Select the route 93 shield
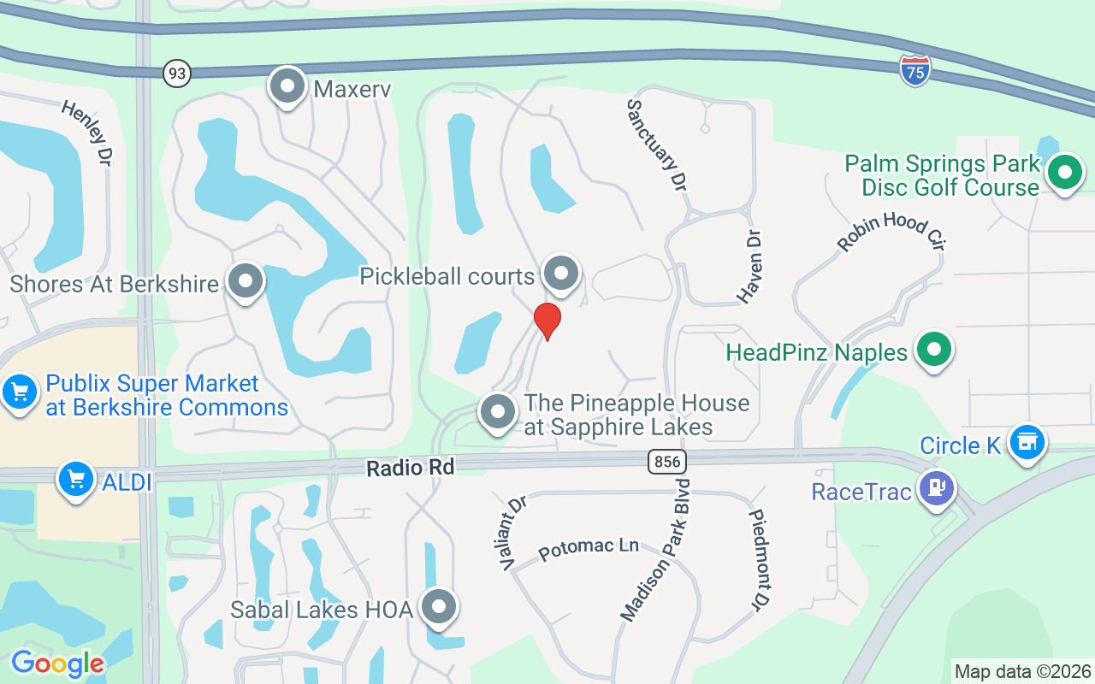[x=176, y=74]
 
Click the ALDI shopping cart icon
[x=75, y=479]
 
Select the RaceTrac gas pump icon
[x=937, y=488]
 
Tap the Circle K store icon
[x=1027, y=442]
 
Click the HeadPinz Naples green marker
[x=933, y=350]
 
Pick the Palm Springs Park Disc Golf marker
[x=1064, y=173]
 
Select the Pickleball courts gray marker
[x=561, y=274]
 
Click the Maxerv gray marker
[x=287, y=86]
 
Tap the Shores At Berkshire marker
[x=246, y=281]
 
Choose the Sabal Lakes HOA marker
[x=440, y=607]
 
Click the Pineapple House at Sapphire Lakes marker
[x=498, y=412]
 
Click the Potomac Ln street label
[x=589, y=548]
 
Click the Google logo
[x=57, y=663]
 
